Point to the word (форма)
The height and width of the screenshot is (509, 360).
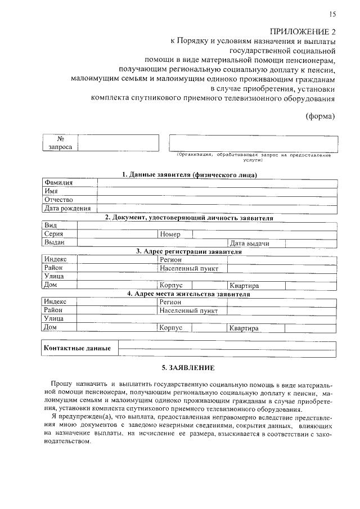click(320, 116)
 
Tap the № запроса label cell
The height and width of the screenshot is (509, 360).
click(60, 142)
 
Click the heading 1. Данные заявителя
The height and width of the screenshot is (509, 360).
click(190, 175)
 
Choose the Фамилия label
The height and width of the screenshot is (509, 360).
click(59, 183)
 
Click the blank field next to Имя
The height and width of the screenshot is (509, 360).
click(217, 191)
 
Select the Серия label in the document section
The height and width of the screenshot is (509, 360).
click(54, 233)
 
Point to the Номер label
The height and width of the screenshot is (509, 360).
click(170, 234)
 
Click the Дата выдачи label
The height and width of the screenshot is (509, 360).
click(249, 243)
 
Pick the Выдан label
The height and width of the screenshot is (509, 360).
click(55, 242)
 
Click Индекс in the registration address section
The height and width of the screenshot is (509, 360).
click(56, 259)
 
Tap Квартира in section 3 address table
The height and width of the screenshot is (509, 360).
click(244, 285)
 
